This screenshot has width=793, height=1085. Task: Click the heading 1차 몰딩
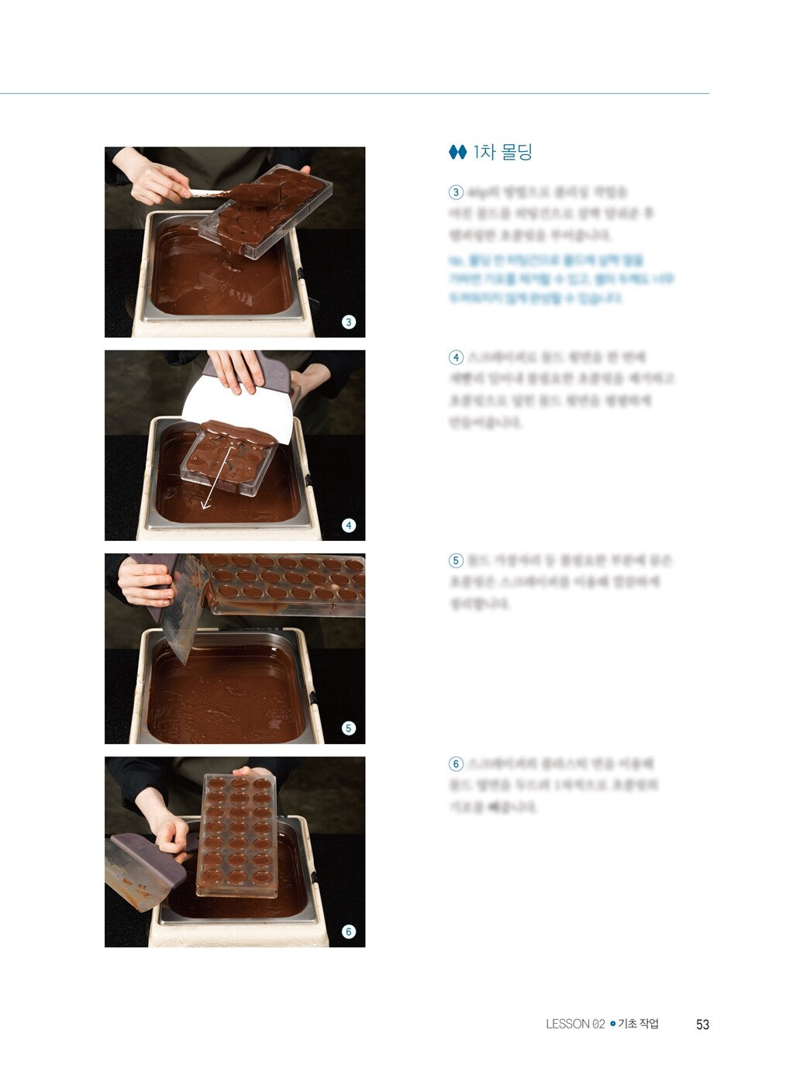[502, 152]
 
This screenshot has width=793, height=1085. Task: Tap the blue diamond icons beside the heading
[457, 153]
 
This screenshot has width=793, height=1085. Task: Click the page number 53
[702, 1025]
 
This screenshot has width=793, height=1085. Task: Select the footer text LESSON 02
[574, 1025]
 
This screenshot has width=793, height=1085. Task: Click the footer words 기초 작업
[638, 1025]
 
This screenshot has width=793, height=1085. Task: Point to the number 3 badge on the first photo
[349, 322]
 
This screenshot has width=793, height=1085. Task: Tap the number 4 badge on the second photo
[349, 525]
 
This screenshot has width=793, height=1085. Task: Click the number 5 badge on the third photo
[349, 728]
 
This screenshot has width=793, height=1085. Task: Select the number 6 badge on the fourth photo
[349, 932]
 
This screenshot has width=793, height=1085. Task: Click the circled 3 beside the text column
[456, 192]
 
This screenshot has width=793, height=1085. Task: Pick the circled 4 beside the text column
[456, 357]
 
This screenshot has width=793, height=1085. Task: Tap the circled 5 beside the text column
[456, 560]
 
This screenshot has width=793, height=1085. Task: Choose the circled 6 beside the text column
[456, 764]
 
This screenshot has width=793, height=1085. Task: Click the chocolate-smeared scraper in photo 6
[140, 872]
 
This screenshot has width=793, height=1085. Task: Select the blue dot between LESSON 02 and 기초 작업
[612, 1025]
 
